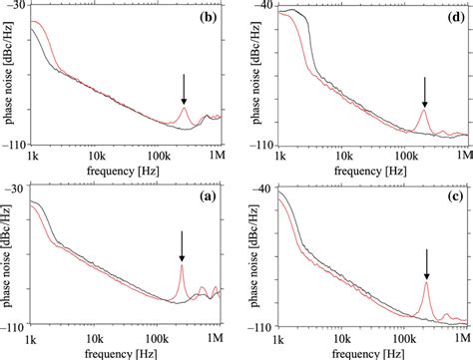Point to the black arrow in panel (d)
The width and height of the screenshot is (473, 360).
click(424, 93)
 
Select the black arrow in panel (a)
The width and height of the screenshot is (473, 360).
click(182, 245)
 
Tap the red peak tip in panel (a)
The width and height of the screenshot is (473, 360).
click(182, 265)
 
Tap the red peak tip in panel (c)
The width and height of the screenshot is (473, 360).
click(426, 283)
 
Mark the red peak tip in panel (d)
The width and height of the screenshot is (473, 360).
click(424, 111)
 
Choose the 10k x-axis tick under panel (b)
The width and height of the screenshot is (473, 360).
click(97, 158)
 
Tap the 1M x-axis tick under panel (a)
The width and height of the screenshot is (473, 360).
click(217, 339)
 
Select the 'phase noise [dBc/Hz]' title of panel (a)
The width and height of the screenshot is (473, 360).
click(9, 258)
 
